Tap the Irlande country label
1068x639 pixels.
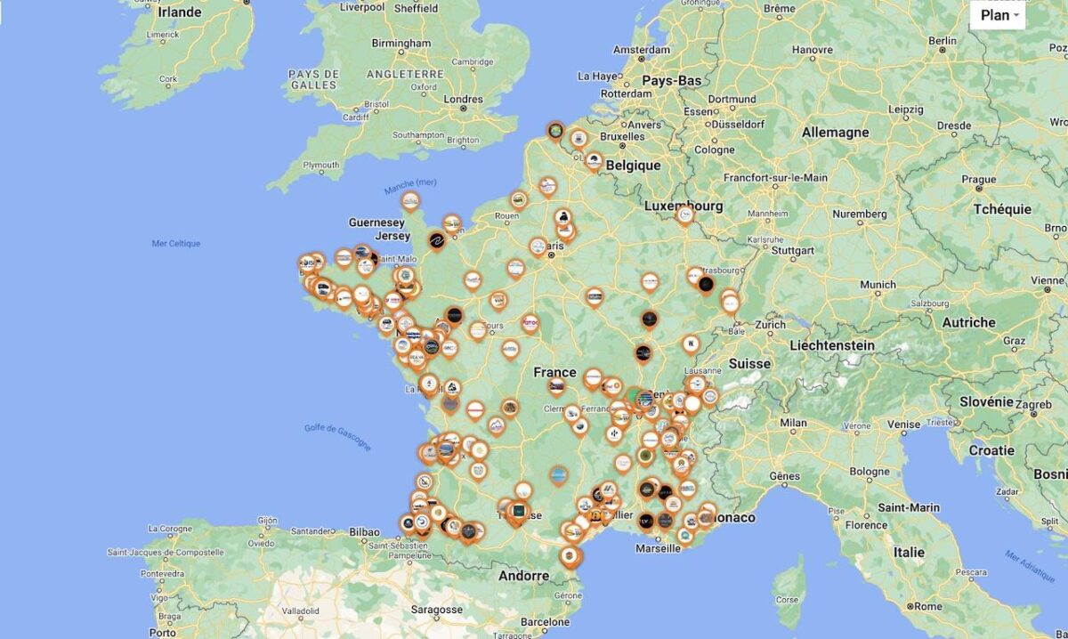point(181,13)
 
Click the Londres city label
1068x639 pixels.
point(463,100)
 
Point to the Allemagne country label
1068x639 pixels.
point(835,132)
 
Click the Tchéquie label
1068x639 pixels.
point(1002,209)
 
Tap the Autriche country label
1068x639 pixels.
point(968,322)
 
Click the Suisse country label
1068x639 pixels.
point(749,363)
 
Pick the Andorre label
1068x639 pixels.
point(523,576)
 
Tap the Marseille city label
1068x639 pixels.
point(659,548)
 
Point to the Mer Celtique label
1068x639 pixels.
point(176,243)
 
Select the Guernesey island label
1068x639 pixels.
point(376,222)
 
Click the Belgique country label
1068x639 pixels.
point(633,165)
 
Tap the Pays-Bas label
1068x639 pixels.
point(672,80)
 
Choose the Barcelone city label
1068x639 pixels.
point(545,622)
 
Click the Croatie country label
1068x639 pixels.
point(991,450)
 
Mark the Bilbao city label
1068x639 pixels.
point(365,531)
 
